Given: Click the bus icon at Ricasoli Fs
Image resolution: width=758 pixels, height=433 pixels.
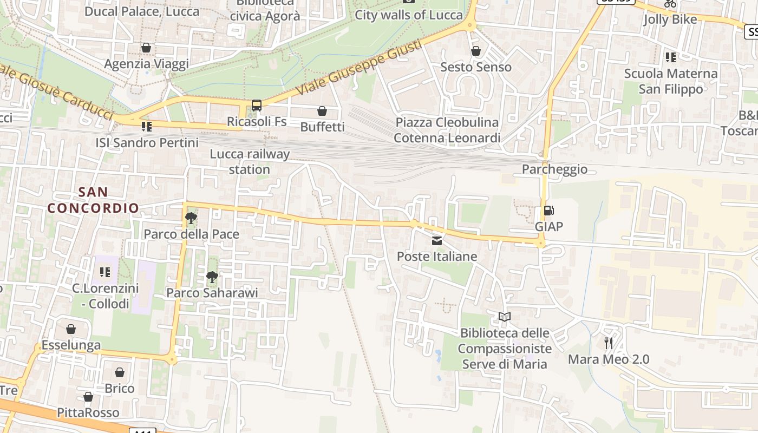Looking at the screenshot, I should coord(257,105).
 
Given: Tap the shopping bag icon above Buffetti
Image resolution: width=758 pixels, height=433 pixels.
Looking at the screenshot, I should coord(322,111).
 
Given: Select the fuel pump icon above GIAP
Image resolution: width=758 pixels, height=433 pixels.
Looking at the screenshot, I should coord(548,211).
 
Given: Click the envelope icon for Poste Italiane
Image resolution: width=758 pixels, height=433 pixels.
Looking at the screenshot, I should coord(437,240).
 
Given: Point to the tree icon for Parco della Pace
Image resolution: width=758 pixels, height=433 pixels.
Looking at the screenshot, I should coord(191,218).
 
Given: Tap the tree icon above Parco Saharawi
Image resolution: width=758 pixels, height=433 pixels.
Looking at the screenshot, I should coord(212,277).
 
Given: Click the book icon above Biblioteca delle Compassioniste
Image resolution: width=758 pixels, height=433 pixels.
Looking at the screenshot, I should coord(505,317).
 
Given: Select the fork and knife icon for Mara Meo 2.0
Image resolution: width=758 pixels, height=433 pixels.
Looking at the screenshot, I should coord(609,343).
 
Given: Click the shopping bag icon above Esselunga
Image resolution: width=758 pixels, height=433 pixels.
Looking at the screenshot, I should coord(71,329).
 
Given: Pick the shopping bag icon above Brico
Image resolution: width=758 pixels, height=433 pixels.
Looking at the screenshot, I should coord(120,372).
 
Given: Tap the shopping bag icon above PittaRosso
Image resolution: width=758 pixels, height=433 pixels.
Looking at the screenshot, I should coord(88,397).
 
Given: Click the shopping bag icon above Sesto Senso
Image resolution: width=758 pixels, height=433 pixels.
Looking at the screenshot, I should coord(476,51).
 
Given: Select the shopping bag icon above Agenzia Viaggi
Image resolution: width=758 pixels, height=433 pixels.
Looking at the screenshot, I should coord(146,48).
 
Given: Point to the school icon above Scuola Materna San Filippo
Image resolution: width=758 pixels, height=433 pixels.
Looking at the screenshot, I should coord(671,57).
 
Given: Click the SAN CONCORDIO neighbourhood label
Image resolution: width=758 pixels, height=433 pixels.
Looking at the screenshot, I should coord(93,200).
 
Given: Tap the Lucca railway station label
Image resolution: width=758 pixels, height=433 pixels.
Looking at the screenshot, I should coord(250,161).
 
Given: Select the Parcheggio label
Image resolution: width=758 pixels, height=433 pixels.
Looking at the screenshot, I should coord(554,169).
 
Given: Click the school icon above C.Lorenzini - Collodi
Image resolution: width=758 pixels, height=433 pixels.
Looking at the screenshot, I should coord(105,272).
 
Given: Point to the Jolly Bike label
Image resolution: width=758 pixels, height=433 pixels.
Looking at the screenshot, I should coord(670,19).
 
